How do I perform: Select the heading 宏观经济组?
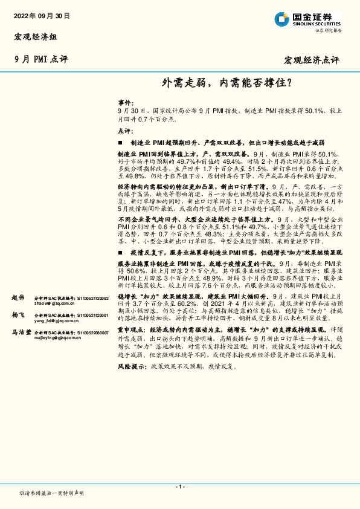coord(36,37)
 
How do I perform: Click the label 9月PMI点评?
coord(36,59)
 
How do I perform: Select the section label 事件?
coord(124,104)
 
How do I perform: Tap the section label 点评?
coord(124,131)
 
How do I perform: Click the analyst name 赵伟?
coord(18,298)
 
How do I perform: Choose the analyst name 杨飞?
coord(18,315)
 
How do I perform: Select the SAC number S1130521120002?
coord(91,298)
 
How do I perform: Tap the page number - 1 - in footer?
coord(179,487)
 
